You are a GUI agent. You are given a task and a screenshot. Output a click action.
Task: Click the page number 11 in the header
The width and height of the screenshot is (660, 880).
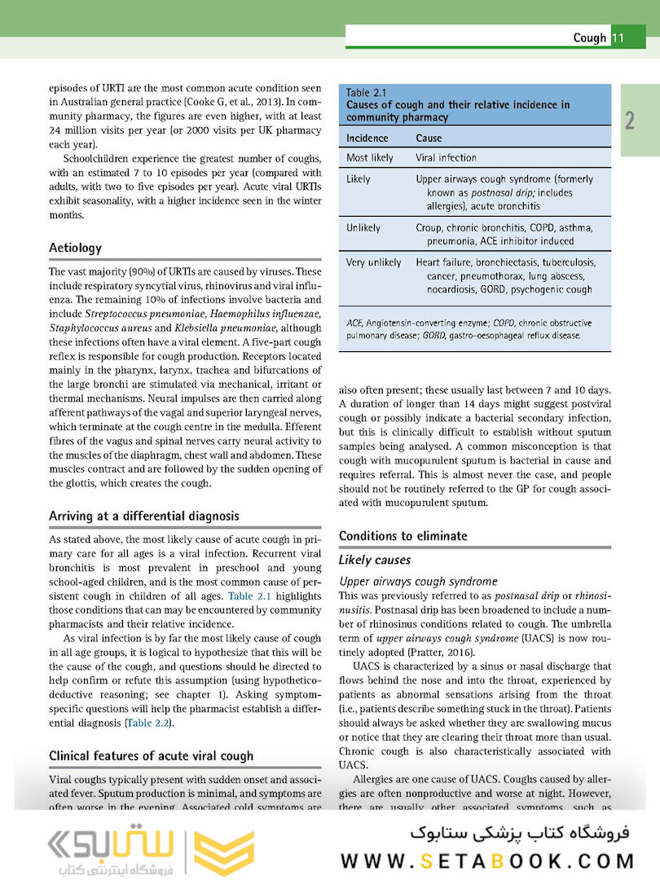point(617,37)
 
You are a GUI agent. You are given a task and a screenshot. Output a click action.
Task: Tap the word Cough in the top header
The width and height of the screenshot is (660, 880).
point(589,37)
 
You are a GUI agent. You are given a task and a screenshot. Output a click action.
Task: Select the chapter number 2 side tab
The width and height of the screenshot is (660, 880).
point(630,121)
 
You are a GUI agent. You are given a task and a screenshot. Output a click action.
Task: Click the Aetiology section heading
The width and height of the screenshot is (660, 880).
point(75,248)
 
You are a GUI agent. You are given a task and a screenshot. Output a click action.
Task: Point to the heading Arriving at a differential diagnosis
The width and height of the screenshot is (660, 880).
point(143,516)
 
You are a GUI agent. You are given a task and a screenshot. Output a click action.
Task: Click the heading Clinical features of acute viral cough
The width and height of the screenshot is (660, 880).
point(151,756)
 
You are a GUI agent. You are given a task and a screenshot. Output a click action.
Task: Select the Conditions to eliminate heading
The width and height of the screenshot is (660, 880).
point(403,535)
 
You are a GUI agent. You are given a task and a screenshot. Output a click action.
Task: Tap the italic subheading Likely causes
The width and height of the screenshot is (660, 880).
point(374,561)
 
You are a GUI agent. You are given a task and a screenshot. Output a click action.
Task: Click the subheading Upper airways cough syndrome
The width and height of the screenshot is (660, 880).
point(418,581)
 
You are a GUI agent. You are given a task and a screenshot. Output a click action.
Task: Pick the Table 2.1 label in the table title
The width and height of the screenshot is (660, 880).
point(366,92)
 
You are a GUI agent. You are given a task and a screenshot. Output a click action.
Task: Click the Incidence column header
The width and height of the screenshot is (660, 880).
point(367,138)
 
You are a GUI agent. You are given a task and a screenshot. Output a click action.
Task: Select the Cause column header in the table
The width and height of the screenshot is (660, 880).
point(429,138)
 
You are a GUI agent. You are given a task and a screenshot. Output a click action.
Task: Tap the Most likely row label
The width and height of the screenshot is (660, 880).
point(369,157)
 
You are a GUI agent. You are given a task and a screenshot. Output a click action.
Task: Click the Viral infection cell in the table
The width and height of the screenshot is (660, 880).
point(446,157)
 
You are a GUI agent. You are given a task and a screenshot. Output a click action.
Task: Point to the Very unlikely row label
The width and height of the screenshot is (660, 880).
point(373,262)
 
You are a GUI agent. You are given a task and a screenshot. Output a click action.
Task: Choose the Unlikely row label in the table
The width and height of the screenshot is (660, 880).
point(363,227)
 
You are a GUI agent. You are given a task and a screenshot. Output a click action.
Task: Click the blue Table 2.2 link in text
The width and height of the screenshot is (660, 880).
point(148,723)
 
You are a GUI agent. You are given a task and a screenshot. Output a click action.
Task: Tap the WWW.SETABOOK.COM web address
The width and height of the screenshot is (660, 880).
point(486,860)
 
